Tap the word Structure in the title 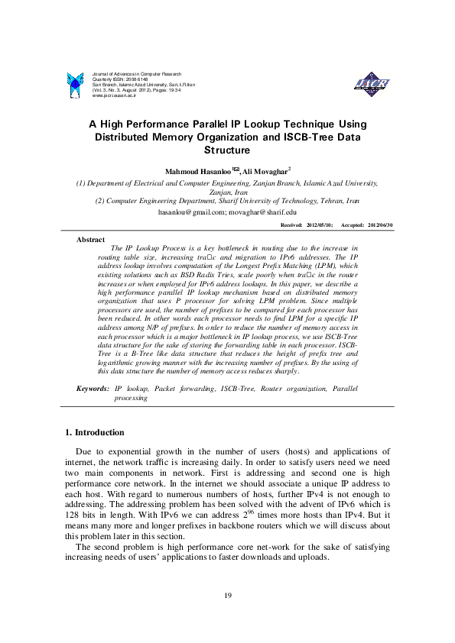[x=227, y=151]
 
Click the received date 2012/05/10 [x=319, y=226]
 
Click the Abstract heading [x=91, y=240]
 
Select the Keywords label [x=93, y=389]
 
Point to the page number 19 [x=227, y=596]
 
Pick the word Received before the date [x=292, y=226]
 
